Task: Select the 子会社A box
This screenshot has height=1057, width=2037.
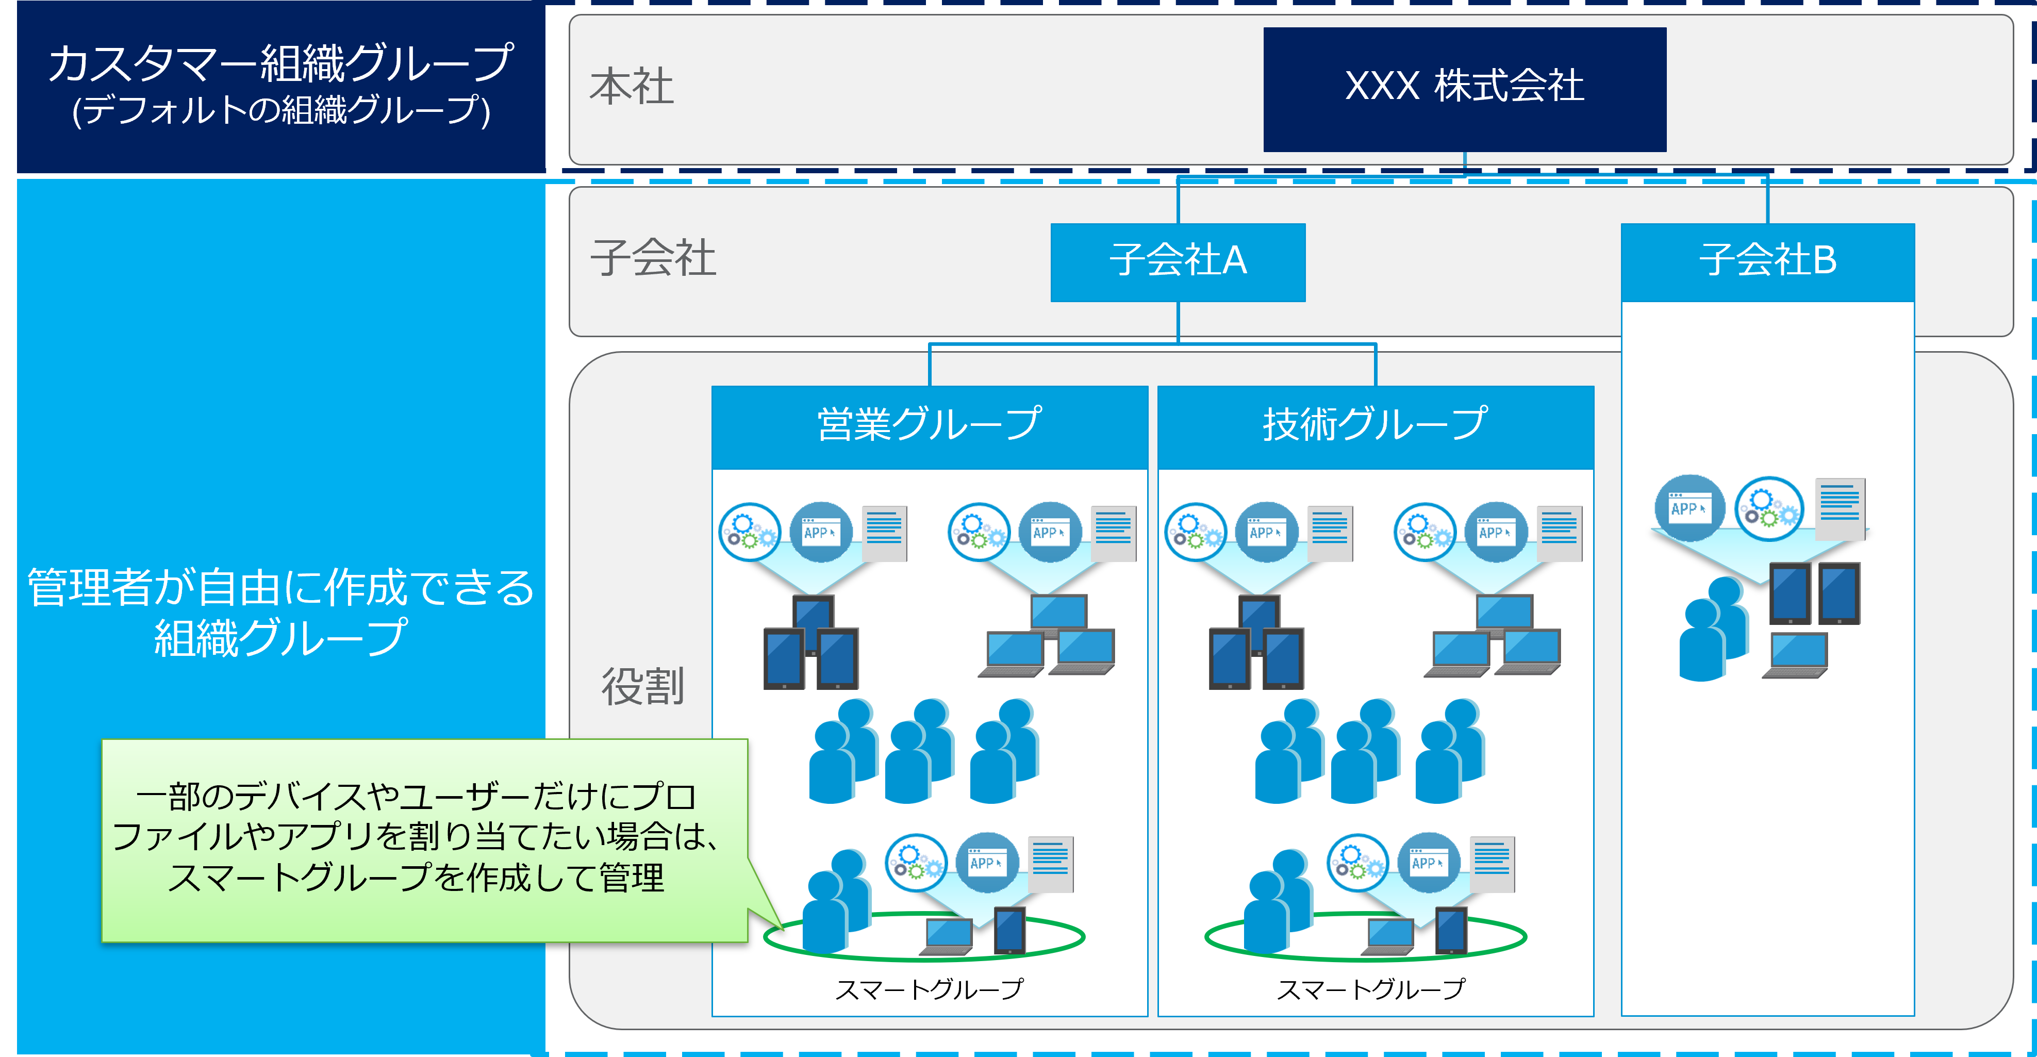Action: tap(1178, 262)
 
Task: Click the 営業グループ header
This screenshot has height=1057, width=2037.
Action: tap(929, 425)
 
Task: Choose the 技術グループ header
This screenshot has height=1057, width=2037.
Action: tap(1375, 425)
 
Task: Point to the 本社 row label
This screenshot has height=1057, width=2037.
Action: tap(631, 87)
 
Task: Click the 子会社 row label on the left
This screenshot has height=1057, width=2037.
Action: tap(653, 258)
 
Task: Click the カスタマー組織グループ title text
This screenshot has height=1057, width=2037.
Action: tap(280, 63)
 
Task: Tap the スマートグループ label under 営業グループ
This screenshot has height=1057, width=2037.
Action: tap(929, 988)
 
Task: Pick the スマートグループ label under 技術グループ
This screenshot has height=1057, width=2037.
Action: tap(1370, 988)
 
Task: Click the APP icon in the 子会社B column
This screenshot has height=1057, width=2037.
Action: tap(1690, 508)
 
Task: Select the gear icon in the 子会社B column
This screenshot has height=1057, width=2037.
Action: tap(1769, 508)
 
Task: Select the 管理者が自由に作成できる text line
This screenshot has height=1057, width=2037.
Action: tap(280, 587)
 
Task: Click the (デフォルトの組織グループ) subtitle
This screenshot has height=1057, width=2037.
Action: tap(280, 110)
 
